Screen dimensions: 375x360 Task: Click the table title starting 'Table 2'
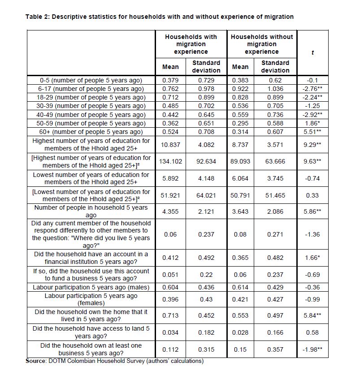pos(159,17)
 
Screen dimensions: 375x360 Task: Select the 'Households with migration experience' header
pos(191,44)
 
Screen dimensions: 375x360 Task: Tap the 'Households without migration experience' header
pos(261,44)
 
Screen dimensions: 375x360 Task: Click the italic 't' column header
pos(312,52)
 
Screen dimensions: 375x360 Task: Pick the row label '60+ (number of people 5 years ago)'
pos(91,132)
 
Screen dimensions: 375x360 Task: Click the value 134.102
pos(170,161)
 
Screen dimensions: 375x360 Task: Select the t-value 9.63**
pos(312,161)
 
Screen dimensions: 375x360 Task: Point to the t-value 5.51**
pos(312,132)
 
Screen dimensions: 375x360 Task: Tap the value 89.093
pos(241,161)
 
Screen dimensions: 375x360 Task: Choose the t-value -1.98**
pos(312,349)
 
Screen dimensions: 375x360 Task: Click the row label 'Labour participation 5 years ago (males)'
pos(91,287)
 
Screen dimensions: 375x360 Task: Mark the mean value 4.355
pos(170,211)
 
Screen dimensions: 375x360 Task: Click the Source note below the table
pos(114,361)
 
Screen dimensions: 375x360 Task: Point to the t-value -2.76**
pos(312,89)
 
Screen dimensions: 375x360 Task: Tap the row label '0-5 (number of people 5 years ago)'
pos(91,80)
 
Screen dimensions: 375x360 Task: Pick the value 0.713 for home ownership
pos(170,315)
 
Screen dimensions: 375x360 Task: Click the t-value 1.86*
pos(312,123)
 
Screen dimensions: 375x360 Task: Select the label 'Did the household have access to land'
pos(91,332)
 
